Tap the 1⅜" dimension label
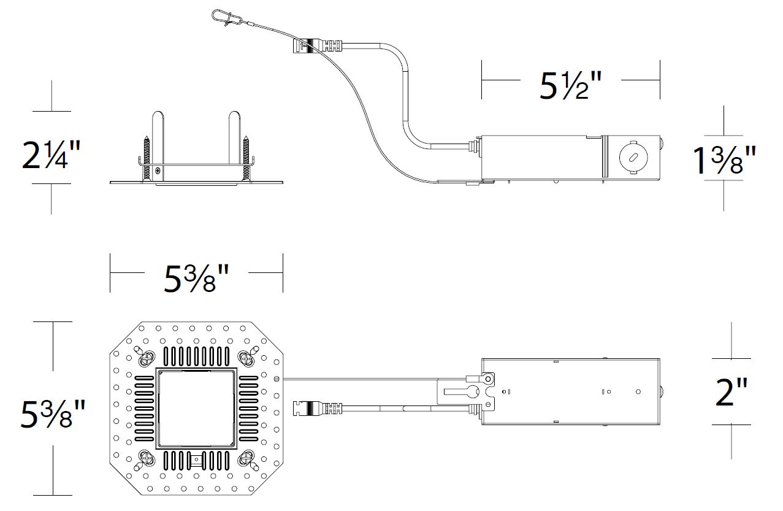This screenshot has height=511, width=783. click(x=724, y=160)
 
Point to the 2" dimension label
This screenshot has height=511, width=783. click(x=732, y=393)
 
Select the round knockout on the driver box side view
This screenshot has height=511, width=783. click(x=631, y=157)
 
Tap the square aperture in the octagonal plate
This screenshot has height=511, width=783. click(x=196, y=408)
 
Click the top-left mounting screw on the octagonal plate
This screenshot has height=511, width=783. click(x=148, y=356)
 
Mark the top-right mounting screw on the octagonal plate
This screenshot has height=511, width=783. click(x=247, y=356)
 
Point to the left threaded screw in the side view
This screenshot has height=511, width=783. click(x=147, y=158)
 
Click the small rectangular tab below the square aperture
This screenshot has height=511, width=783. click(x=196, y=459)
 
